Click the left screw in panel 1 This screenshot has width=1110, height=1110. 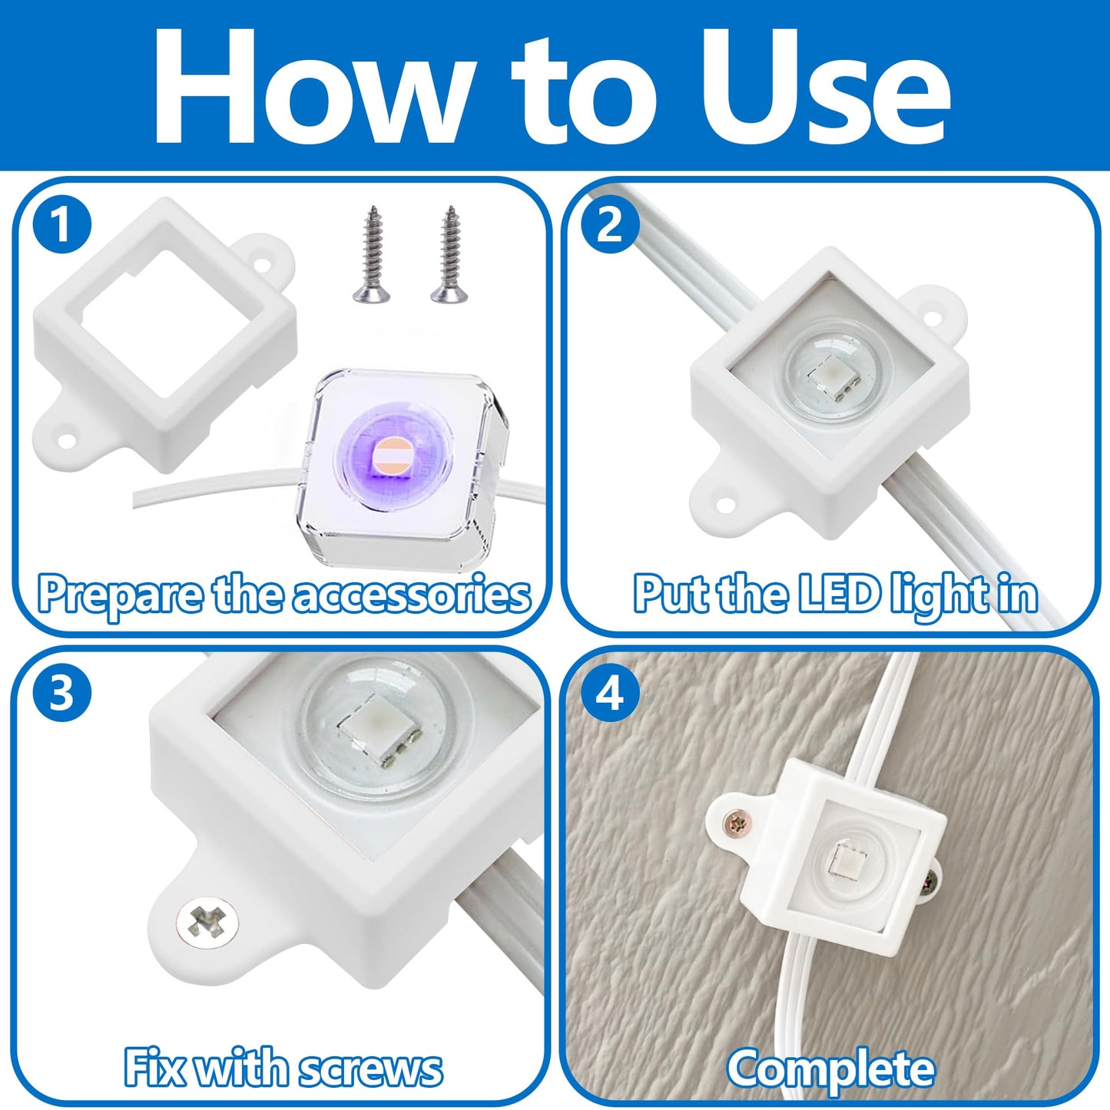click(x=369, y=253)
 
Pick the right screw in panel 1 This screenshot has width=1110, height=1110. click(x=446, y=253)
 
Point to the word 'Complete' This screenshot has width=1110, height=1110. click(x=831, y=1069)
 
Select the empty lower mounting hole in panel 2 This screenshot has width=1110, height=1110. click(x=722, y=503)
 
